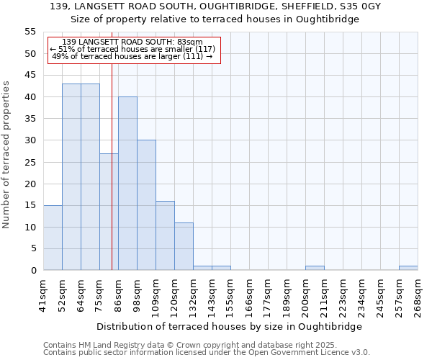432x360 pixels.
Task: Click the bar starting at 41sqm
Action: [x=53, y=238]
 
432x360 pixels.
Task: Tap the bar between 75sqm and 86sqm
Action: [x=109, y=212]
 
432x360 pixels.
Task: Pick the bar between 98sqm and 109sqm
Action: [x=146, y=205]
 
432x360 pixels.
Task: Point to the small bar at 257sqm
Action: [x=408, y=268]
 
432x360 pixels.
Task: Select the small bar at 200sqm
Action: [x=315, y=268]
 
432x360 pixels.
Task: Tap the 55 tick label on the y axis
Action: [x=30, y=32]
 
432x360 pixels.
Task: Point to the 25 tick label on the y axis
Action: [x=30, y=162]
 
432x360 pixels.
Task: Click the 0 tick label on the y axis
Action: [x=32, y=271]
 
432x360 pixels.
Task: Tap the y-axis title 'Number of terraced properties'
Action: [x=6, y=154]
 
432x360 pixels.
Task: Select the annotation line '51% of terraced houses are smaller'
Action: [x=132, y=49]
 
